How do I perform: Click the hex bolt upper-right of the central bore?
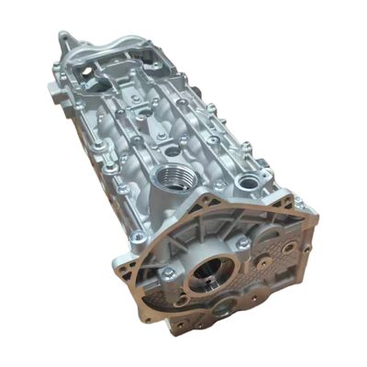pyautogui.click(x=244, y=242)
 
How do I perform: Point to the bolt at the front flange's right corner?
pyautogui.click(x=298, y=204)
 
